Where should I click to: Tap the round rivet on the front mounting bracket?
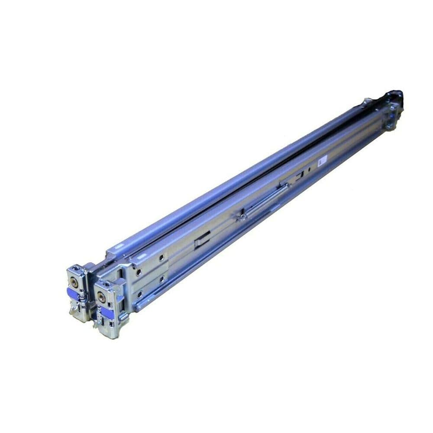tap(102, 298)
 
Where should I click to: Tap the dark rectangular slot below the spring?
tap(202, 239)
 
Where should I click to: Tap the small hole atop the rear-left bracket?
tap(74, 269)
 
